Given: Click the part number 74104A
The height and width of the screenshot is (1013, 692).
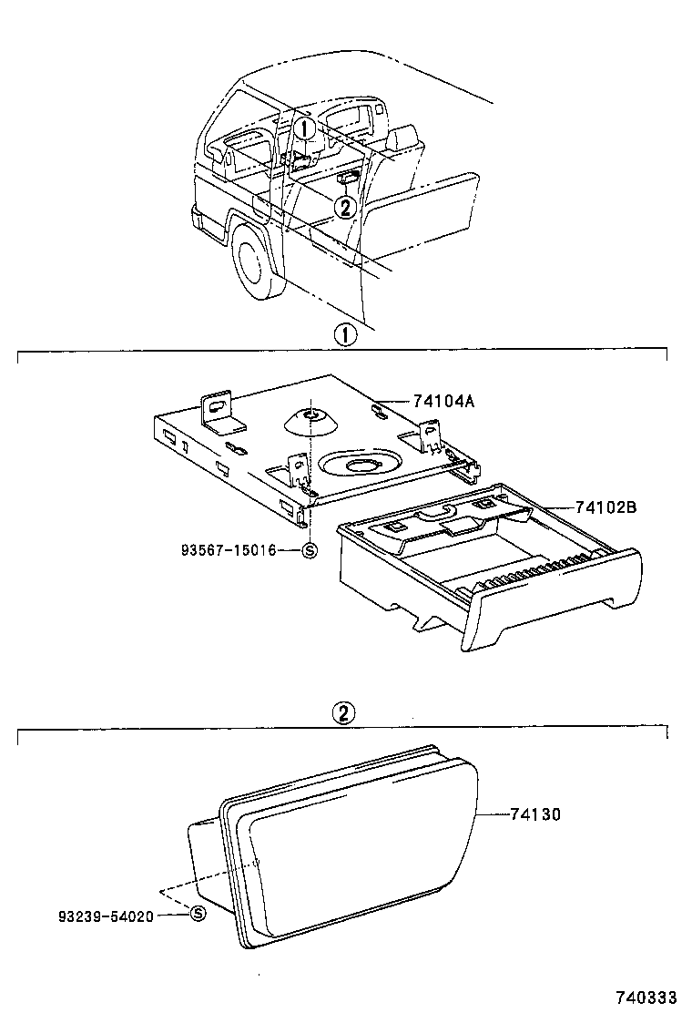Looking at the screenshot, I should click(418, 402).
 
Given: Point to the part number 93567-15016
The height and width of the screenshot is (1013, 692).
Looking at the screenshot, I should click(228, 549).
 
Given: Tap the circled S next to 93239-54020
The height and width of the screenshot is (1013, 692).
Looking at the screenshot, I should click(196, 914).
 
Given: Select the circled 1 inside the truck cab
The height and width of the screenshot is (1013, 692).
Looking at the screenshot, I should click(305, 128).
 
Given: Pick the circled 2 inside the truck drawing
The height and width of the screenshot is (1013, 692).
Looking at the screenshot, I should click(343, 207).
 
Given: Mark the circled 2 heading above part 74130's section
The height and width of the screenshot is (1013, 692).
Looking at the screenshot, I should click(343, 714).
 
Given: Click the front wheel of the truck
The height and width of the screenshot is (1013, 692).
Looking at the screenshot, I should click(255, 259).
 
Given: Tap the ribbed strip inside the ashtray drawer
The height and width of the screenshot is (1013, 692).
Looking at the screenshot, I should click(537, 578).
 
